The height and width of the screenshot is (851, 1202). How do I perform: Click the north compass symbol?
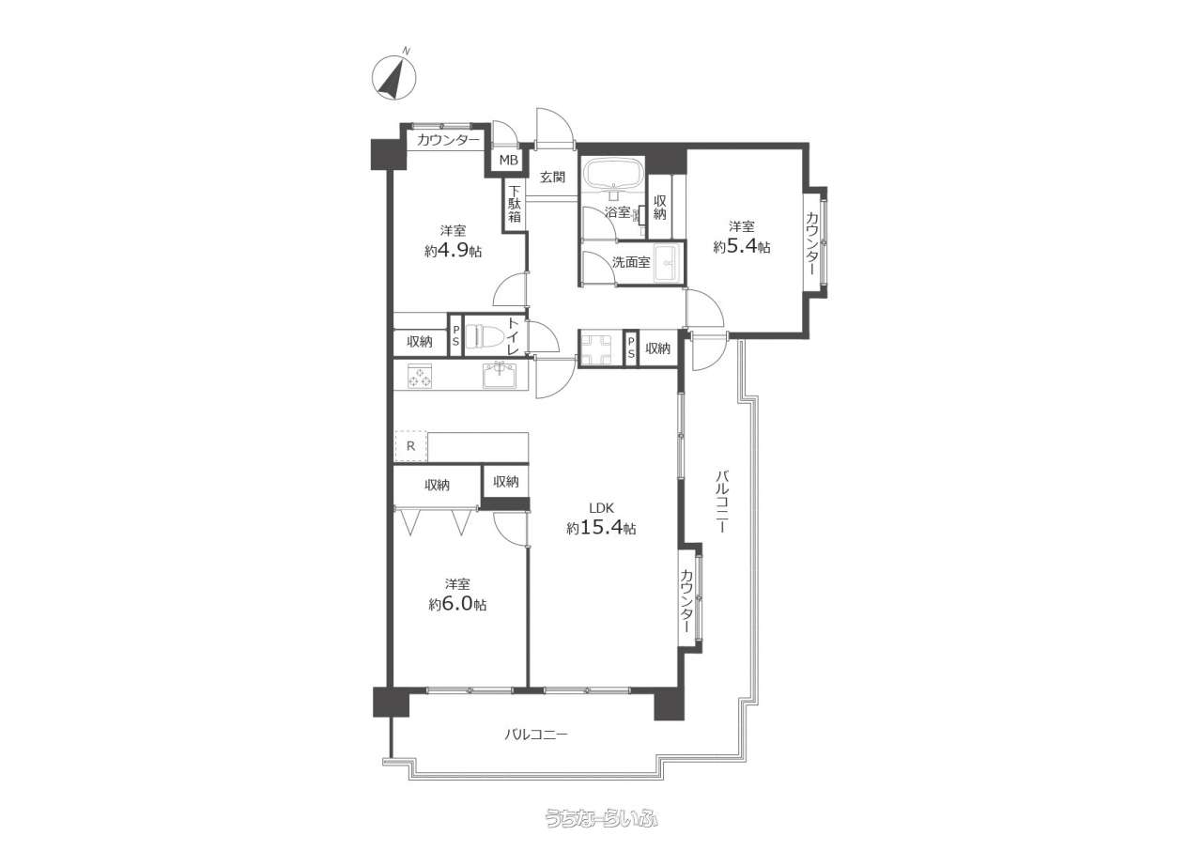pos(393,77)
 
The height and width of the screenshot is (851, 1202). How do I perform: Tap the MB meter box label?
pos(509,160)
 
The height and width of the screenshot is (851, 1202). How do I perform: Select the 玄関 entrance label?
pos(552,177)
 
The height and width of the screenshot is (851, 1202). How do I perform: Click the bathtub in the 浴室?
pos(613,174)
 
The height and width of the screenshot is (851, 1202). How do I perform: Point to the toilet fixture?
pos(484,337)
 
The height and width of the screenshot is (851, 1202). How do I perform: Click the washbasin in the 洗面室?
pos(668,263)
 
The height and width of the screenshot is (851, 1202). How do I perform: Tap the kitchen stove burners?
pos(420,375)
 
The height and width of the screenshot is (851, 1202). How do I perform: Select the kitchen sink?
pos(500,375)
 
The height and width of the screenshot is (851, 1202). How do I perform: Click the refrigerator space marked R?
pos(411,445)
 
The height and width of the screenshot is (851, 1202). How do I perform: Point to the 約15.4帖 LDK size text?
pos(602,528)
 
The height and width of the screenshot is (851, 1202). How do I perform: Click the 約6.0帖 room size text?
pos(457,604)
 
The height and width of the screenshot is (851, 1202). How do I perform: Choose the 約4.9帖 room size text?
pos(454,251)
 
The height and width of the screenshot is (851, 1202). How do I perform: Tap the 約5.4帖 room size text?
pos(742,246)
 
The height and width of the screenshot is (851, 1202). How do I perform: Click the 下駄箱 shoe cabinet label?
pos(515,204)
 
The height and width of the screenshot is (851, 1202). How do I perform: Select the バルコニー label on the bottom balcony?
pos(535,735)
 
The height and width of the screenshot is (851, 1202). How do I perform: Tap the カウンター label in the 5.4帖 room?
pos(813,243)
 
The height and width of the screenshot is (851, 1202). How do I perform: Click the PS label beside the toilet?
pos(456,335)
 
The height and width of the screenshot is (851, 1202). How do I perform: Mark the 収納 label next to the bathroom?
pos(660,208)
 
